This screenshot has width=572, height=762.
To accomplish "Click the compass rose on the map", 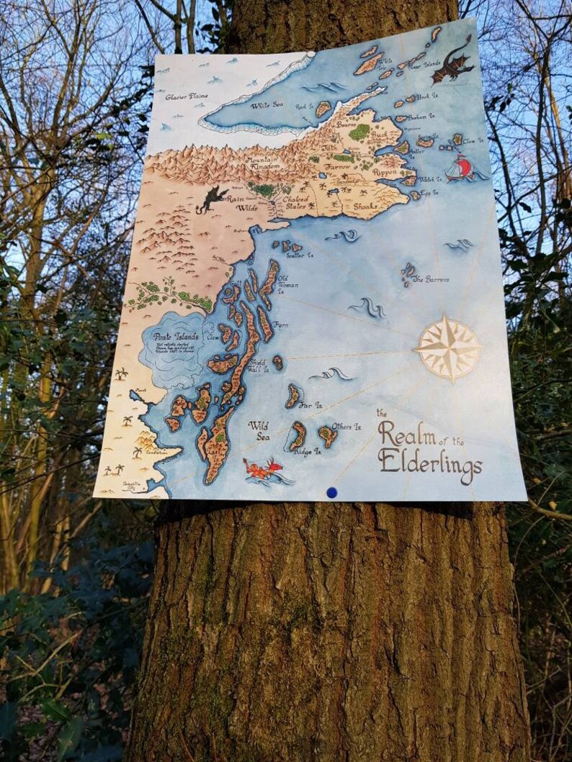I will [x=447, y=348].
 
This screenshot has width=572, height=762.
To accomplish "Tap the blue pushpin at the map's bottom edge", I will [x=331, y=492].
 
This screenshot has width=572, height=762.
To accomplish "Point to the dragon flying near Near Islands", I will [x=453, y=63].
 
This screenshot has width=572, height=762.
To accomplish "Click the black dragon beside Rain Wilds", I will [x=212, y=198].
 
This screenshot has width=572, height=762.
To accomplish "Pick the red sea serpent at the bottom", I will [x=264, y=470].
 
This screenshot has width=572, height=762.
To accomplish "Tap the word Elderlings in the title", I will [x=430, y=461].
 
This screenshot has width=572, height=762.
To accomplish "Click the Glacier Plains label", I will [x=187, y=96].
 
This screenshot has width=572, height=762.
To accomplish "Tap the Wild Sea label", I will [x=259, y=430].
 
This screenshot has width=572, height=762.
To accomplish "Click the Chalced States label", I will [x=295, y=204].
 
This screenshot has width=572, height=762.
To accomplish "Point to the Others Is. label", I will [x=347, y=427].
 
